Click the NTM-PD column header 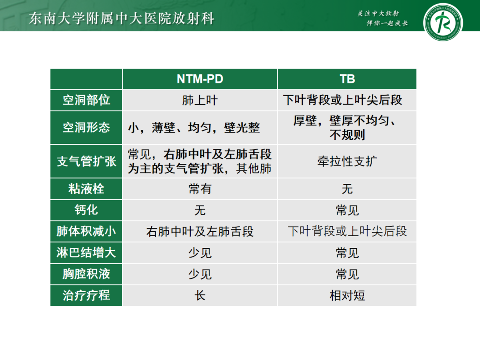[x=200, y=79]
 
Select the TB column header [x=347, y=79]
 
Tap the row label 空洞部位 [x=86, y=100]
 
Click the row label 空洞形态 [x=86, y=128]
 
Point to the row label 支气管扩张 [x=86, y=161]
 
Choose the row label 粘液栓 [x=86, y=189]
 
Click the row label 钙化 [x=86, y=210]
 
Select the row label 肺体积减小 [x=86, y=232]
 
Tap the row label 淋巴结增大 [x=86, y=253]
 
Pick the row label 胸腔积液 [x=86, y=274]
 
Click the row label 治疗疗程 [x=86, y=296]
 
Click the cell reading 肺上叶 [x=200, y=100]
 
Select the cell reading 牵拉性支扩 [x=347, y=161]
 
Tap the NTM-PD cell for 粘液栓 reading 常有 [x=200, y=189]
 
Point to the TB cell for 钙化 [x=347, y=210]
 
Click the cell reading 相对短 [x=347, y=296]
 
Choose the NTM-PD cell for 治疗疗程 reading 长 [x=200, y=296]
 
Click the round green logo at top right [x=443, y=21]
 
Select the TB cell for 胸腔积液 [x=347, y=274]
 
